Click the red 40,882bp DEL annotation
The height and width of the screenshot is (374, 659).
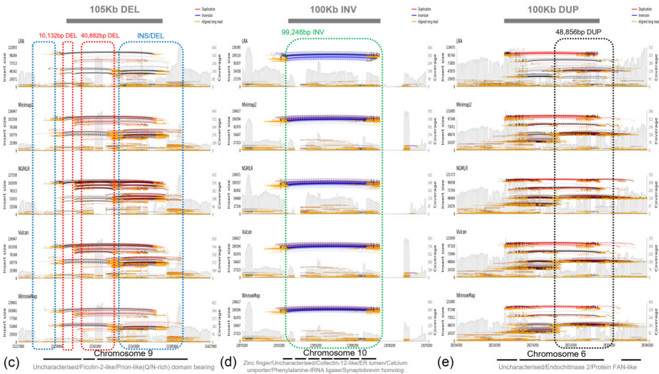pos(100,34)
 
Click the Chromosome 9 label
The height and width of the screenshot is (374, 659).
pos(123,354)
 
